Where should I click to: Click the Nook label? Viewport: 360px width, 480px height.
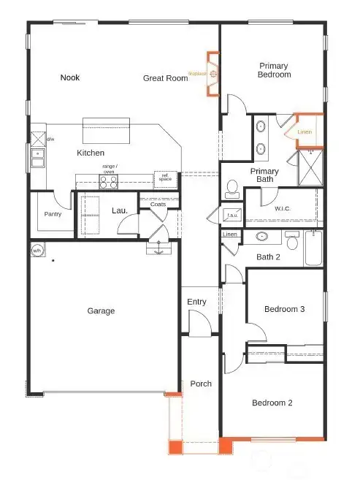click(x=70, y=77)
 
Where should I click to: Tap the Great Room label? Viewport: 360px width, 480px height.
click(x=165, y=78)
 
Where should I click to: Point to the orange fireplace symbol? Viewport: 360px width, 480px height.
click(x=212, y=74)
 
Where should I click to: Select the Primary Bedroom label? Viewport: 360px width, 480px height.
click(x=275, y=70)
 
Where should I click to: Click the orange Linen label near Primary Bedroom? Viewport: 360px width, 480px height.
click(x=305, y=132)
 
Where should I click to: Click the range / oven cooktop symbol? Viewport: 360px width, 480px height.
click(x=109, y=180)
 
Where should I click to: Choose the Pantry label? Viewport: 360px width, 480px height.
click(x=53, y=214)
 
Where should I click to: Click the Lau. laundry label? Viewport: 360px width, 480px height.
click(x=120, y=210)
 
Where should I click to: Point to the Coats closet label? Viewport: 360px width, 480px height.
click(x=158, y=205)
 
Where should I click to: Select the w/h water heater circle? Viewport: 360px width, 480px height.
click(x=37, y=251)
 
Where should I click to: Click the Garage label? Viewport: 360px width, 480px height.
click(x=101, y=311)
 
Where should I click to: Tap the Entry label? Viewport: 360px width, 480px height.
click(x=196, y=302)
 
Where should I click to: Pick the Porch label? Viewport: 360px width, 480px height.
click(x=201, y=384)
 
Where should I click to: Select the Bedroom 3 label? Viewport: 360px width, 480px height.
click(x=284, y=309)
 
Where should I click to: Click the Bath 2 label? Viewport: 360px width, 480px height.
click(x=268, y=256)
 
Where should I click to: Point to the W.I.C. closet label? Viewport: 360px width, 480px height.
click(x=283, y=208)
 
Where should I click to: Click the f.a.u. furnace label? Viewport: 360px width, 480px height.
click(x=233, y=216)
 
